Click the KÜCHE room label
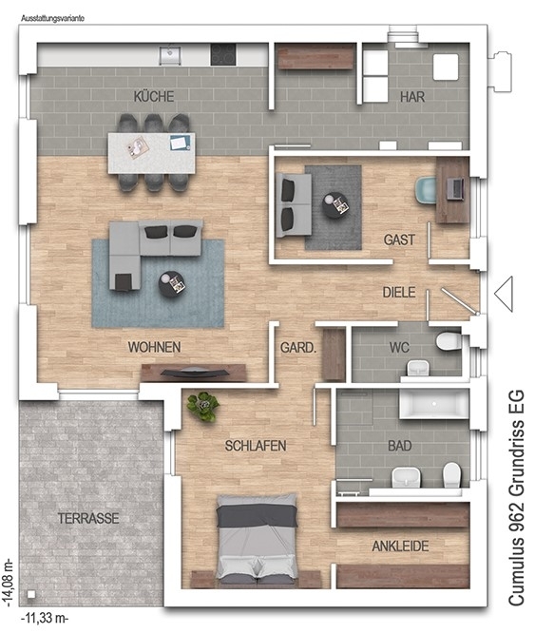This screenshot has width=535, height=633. coord(154,97)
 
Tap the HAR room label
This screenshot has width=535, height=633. coord(412,97)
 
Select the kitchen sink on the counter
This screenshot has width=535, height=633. coord(169,55)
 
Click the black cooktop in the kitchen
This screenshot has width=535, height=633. coord(223,54)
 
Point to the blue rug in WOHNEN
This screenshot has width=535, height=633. coord(158,283)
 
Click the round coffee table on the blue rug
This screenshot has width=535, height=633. coord(172,284)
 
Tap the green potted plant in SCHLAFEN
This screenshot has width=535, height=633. coord(203,407)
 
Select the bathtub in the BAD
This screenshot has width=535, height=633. coord(434,404)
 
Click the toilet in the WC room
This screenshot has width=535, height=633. coord(449,340)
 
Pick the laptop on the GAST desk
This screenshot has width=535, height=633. coord(455,188)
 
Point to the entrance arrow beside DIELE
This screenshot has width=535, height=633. coord(504,294)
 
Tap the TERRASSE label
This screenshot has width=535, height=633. coord(88,518)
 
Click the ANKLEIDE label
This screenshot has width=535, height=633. coord(400,547)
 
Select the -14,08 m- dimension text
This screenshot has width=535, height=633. coord(8,583)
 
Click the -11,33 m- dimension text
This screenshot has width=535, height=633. coord(45,618)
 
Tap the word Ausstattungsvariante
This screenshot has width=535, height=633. coord(52,19)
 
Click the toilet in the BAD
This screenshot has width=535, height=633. coord(452,475)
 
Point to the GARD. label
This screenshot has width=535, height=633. coord(298,348)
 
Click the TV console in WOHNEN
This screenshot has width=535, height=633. coord(193,373)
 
